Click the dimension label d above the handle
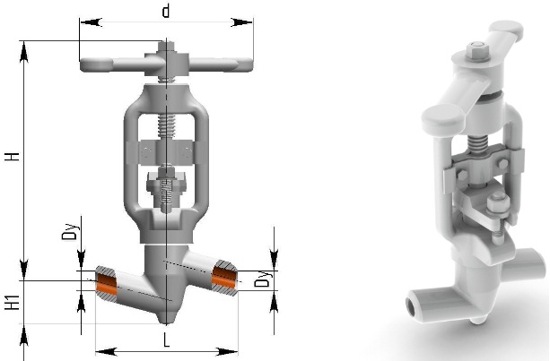(x=166, y=12)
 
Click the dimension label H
(x=13, y=156)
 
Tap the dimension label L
(x=166, y=340)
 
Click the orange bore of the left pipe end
(x=106, y=284)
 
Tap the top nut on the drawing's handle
(x=166, y=47)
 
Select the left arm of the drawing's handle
(x=113, y=65)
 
